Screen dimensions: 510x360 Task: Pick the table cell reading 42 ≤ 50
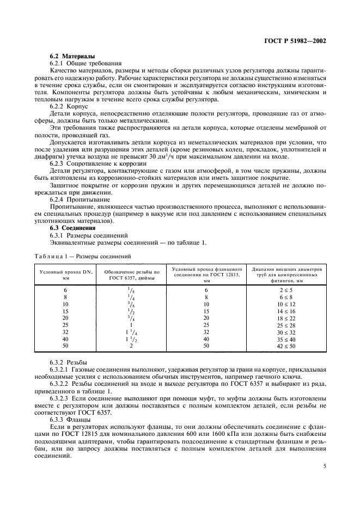pos(286,345)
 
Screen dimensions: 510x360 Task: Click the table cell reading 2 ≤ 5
pos(286,290)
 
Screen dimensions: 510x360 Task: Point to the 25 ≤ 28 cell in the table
pos(286,325)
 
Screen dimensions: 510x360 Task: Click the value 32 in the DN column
pos(65,332)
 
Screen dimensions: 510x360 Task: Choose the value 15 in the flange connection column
pos(206,311)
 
